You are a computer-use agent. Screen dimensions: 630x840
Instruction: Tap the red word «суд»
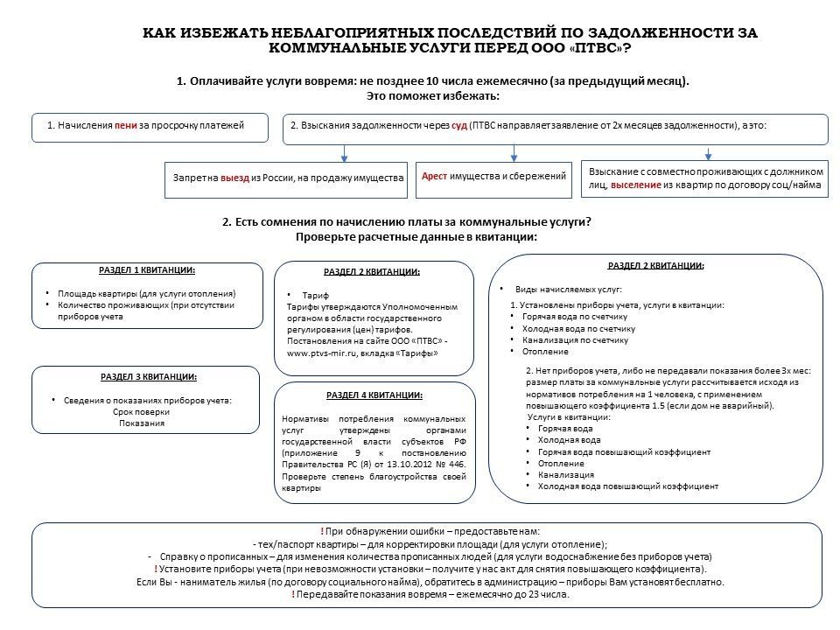(x=458, y=125)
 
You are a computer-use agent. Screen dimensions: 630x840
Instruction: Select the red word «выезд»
(x=234, y=178)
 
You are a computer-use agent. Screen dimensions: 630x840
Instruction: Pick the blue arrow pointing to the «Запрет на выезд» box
(x=345, y=153)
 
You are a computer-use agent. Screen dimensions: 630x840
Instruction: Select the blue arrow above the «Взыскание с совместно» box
(x=710, y=151)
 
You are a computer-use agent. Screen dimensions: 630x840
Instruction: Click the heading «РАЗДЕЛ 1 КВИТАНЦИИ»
(x=147, y=270)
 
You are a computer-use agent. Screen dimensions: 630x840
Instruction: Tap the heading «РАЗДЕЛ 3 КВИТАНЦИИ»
(x=147, y=376)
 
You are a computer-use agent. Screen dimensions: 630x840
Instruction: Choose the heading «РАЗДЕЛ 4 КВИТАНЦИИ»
(x=374, y=395)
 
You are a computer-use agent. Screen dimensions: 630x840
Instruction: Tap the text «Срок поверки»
(x=141, y=412)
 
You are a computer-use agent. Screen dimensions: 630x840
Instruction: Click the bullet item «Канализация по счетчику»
(x=575, y=339)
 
